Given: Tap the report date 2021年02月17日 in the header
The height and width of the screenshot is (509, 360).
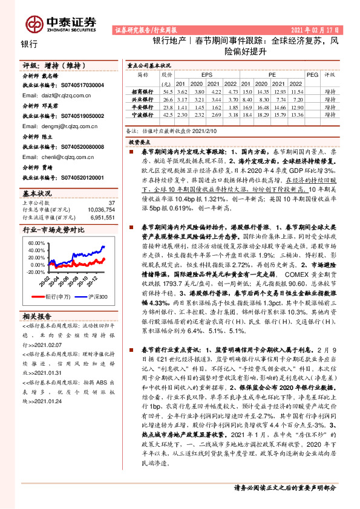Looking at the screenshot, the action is coord(319,29).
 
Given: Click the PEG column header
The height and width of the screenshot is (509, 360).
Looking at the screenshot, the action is coord(312,75).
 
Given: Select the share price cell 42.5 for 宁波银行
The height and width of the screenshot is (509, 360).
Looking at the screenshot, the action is coord(167,114).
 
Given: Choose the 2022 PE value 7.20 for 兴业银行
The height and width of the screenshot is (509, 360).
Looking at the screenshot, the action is coord(296,99).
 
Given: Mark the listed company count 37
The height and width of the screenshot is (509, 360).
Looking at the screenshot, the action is coord(111,203).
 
